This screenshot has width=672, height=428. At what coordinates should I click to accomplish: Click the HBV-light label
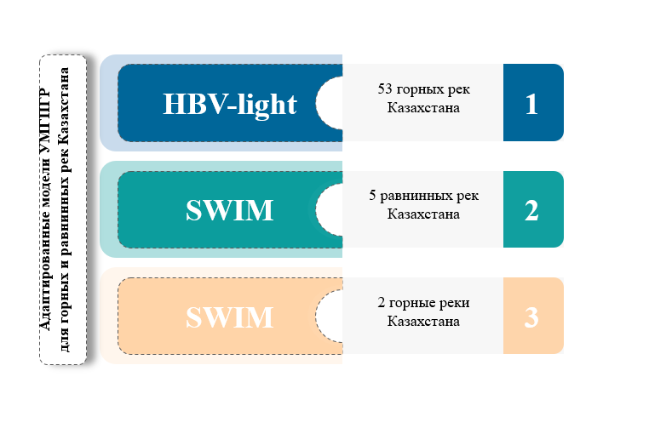(x=230, y=105)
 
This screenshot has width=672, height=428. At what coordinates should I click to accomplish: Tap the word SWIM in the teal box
(x=230, y=209)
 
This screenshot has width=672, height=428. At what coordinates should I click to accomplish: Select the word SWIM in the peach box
(x=230, y=317)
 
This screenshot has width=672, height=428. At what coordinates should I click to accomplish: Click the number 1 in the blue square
(x=531, y=104)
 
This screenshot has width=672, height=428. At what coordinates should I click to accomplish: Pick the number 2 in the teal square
(x=531, y=210)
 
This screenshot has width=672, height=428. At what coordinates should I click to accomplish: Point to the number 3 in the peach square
(x=531, y=317)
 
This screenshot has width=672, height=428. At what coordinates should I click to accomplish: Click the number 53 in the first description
(x=385, y=88)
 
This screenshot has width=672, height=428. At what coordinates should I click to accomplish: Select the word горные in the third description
(x=409, y=304)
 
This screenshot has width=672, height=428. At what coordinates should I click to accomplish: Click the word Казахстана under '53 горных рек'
(x=423, y=107)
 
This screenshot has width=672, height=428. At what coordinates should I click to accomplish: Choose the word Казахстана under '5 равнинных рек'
(x=423, y=214)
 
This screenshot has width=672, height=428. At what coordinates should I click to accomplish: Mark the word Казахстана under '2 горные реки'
(x=423, y=321)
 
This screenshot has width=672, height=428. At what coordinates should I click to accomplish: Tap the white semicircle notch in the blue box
(x=329, y=103)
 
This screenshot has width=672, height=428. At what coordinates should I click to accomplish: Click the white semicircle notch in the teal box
(x=329, y=209)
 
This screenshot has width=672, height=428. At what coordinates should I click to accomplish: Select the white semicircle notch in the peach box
(x=329, y=317)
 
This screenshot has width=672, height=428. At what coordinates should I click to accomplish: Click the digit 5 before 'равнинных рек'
(x=372, y=196)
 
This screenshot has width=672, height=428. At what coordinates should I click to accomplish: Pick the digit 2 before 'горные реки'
(x=381, y=303)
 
